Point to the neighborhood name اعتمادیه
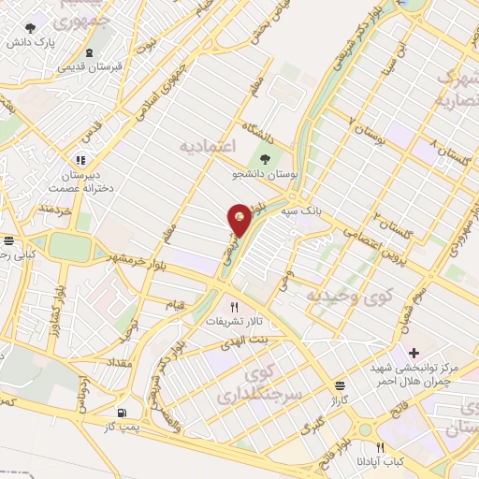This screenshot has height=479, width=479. pyautogui.click(x=209, y=148)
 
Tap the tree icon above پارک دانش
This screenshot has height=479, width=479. pyautogui.click(x=31, y=28)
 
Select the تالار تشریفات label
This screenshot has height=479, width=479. pyautogui.click(x=231, y=321)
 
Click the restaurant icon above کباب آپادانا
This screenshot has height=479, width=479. pyautogui.click(x=379, y=448)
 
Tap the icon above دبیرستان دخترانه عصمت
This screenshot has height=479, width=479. pyautogui.click(x=80, y=160)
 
